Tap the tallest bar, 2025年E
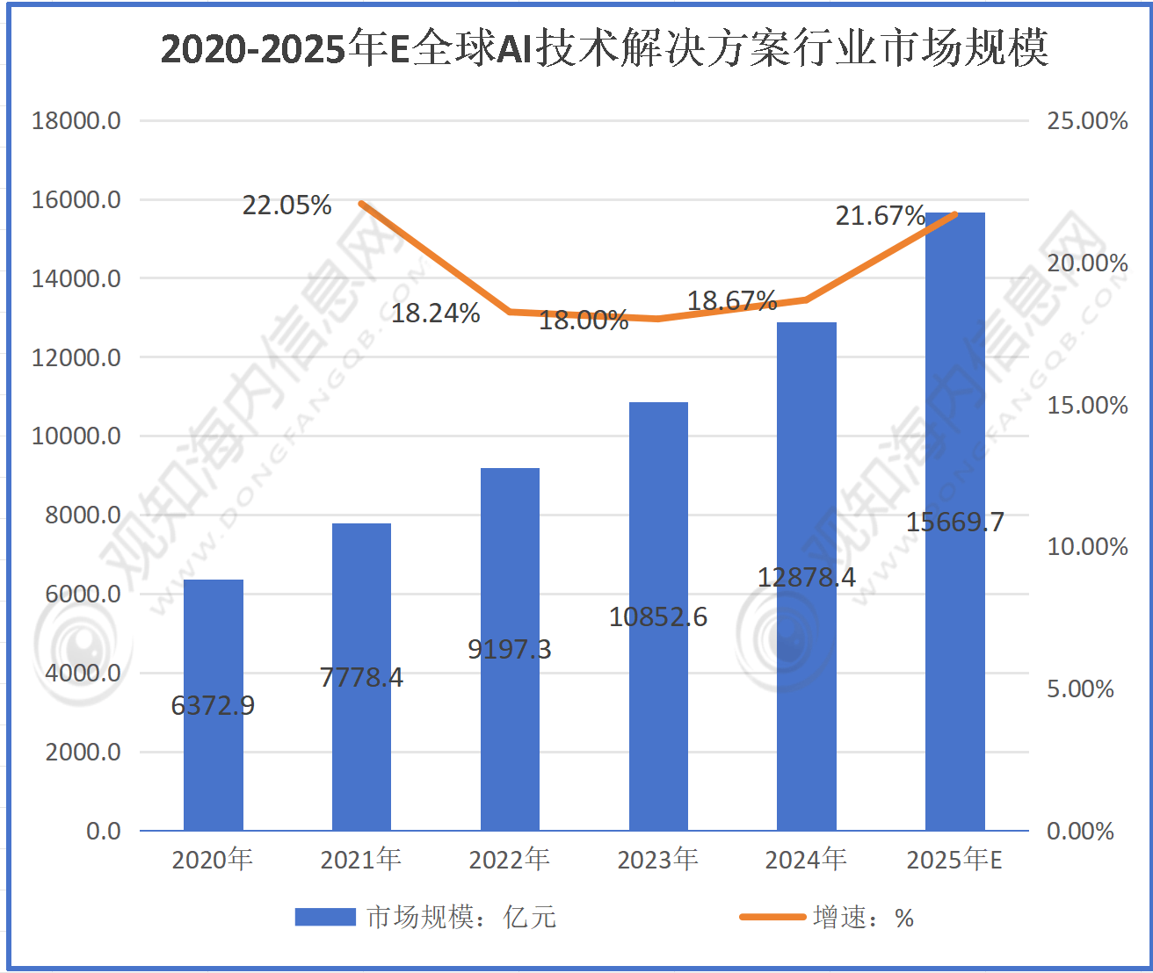point(955,395)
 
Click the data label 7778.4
point(361,678)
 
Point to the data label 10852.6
point(658,617)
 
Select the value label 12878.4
point(807,577)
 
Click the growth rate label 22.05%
point(287,205)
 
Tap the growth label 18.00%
point(584,320)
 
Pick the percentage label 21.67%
point(880,215)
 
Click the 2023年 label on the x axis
point(658,859)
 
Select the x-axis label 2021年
point(361,859)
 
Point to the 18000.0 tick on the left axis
point(76,120)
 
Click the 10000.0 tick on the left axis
point(76,436)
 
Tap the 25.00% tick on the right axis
point(1087,120)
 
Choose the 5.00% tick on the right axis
point(1080,688)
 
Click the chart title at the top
point(605,48)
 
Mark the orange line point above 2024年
point(807,299)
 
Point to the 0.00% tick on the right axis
point(1080,831)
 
